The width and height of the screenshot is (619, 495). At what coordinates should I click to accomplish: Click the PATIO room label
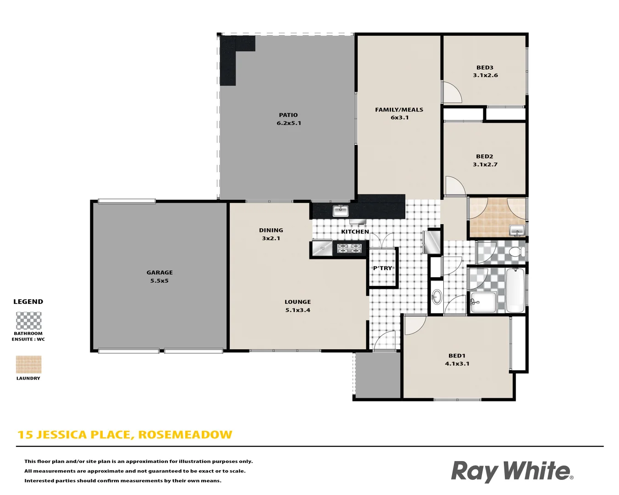(288, 115)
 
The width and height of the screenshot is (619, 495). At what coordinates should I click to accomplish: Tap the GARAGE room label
(160, 273)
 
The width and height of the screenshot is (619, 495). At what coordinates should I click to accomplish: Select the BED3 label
(485, 67)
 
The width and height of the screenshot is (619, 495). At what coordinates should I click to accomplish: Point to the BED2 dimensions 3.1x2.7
(485, 165)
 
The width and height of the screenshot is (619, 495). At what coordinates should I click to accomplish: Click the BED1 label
(457, 356)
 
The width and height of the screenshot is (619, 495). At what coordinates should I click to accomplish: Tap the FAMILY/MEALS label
(399, 110)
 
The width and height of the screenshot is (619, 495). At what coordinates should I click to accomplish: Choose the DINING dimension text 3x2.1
(271, 238)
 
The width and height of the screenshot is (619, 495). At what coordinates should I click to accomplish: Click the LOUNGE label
(298, 302)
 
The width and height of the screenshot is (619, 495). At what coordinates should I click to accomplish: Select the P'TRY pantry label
(382, 268)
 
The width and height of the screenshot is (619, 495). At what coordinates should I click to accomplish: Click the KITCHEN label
(355, 232)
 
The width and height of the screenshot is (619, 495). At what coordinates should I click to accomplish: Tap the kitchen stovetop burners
(349, 248)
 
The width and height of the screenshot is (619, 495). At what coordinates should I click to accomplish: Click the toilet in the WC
(517, 252)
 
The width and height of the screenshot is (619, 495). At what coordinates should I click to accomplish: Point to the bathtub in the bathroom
(515, 290)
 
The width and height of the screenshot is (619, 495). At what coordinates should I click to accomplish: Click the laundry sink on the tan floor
(517, 230)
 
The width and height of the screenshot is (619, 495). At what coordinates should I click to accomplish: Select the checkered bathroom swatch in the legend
(28, 321)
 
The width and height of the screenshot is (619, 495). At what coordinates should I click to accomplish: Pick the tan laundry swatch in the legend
(28, 365)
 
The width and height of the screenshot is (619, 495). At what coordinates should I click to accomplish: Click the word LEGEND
(28, 302)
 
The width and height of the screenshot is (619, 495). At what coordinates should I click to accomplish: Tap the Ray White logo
(512, 471)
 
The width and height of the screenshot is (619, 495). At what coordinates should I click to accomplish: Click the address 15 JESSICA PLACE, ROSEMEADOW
(125, 434)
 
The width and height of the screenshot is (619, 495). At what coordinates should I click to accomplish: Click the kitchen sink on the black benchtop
(340, 211)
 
